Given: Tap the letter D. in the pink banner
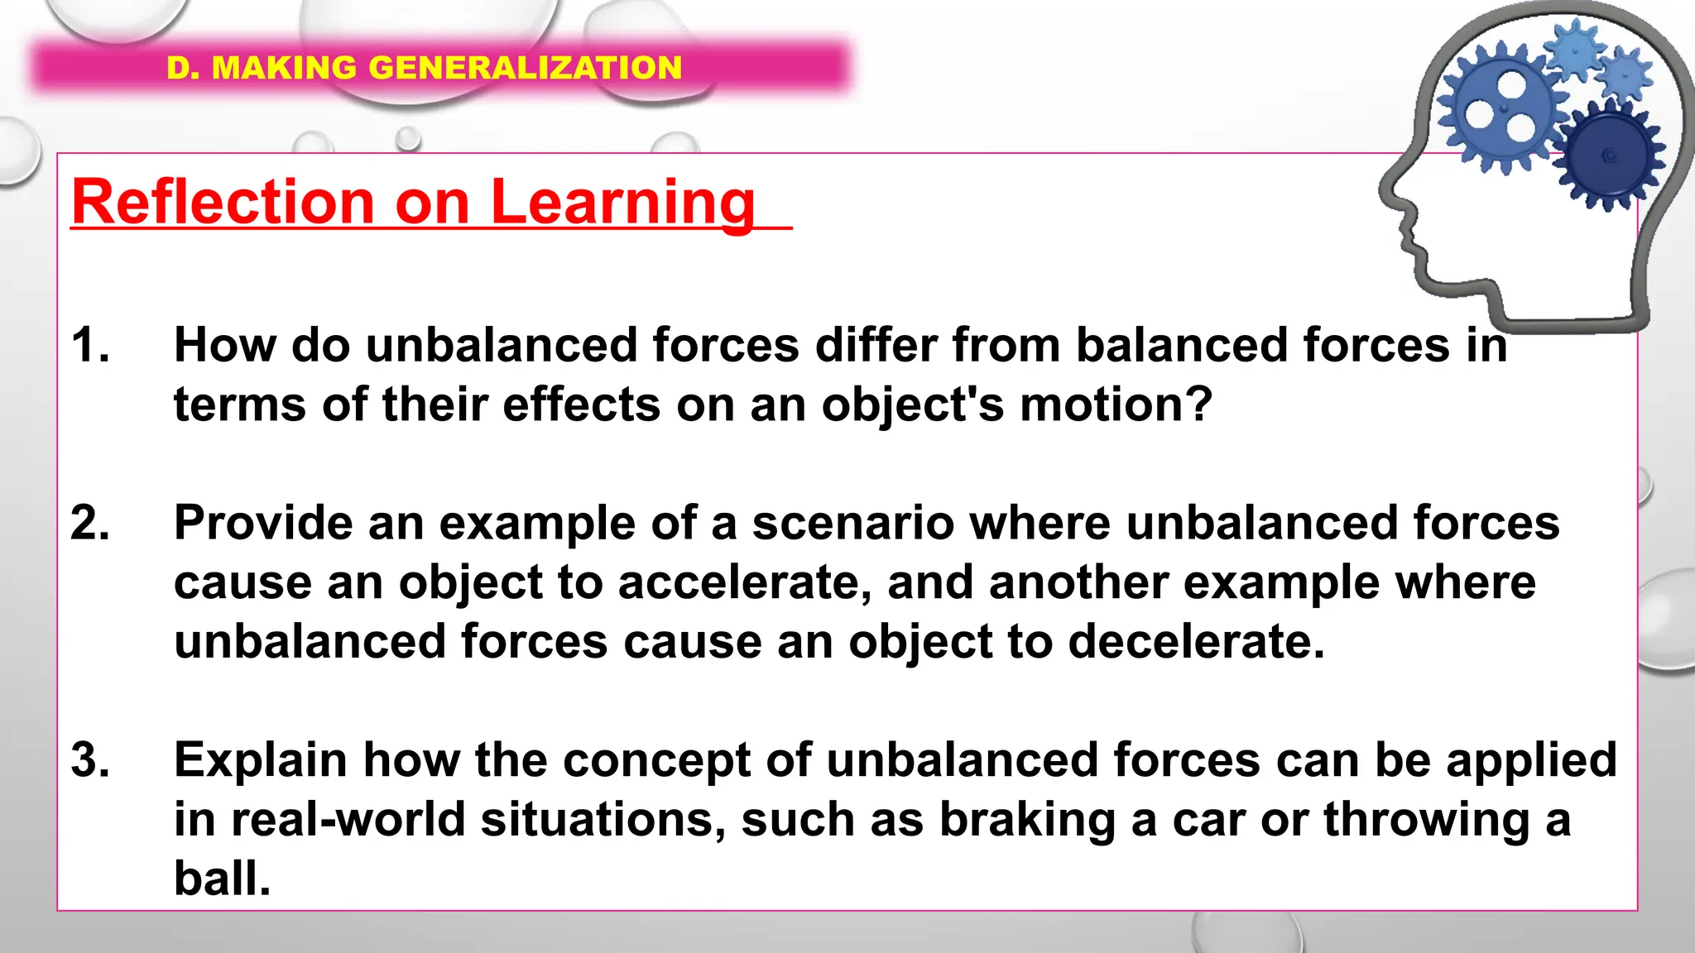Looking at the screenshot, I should (183, 68).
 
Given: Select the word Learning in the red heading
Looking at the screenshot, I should (622, 204).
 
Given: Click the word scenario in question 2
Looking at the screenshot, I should (852, 524).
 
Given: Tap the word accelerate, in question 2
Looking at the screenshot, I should (745, 583).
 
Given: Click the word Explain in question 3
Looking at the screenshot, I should (260, 760).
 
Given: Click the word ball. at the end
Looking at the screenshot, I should (222, 879).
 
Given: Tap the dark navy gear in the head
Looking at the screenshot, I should (1607, 155).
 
